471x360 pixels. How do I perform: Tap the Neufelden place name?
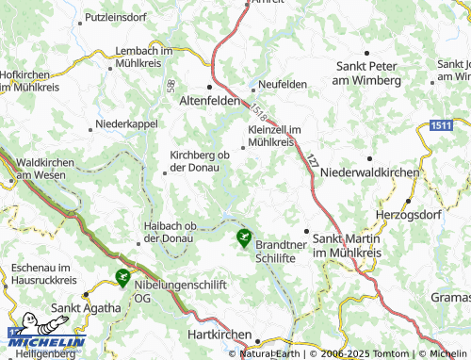pos(284,84)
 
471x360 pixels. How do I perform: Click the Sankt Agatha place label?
pos(87,307)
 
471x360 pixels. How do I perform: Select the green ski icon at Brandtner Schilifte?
pos(245,236)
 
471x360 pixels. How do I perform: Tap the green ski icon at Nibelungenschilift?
pos(122,277)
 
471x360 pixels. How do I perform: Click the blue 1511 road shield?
pos(439,124)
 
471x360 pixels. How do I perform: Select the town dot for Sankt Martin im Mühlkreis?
pos(306,230)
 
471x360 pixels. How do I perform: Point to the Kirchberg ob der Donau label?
pos(199,162)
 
